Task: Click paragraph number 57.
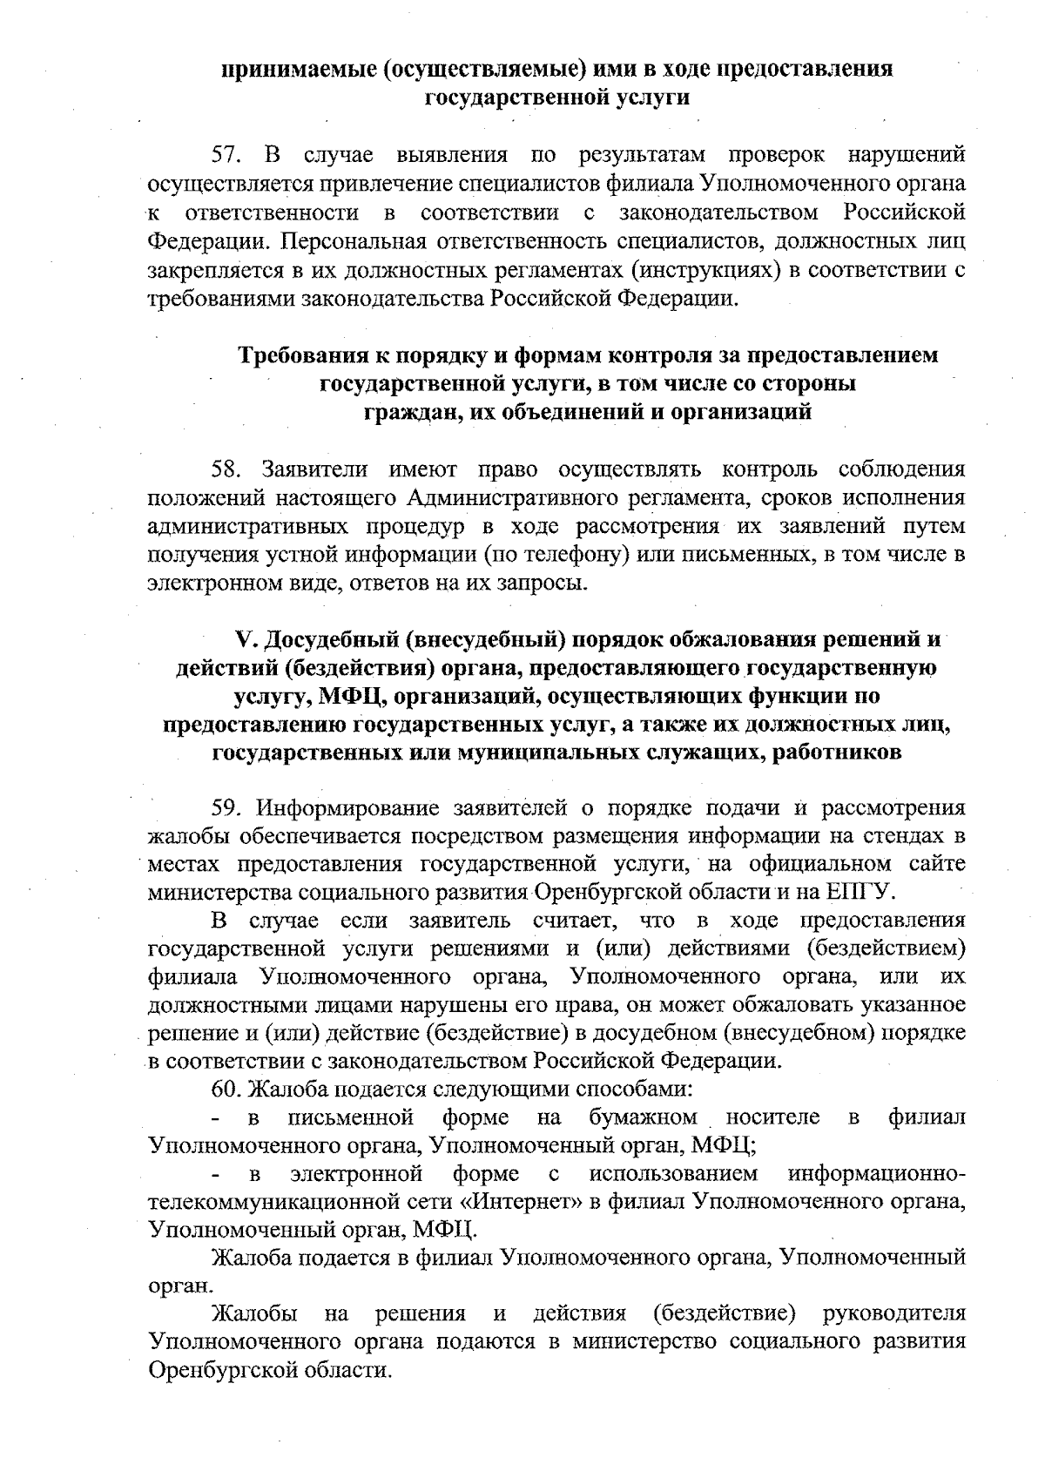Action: (227, 156)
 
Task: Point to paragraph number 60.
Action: (227, 1090)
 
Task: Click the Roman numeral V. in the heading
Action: (245, 640)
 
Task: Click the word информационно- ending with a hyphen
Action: (876, 1173)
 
